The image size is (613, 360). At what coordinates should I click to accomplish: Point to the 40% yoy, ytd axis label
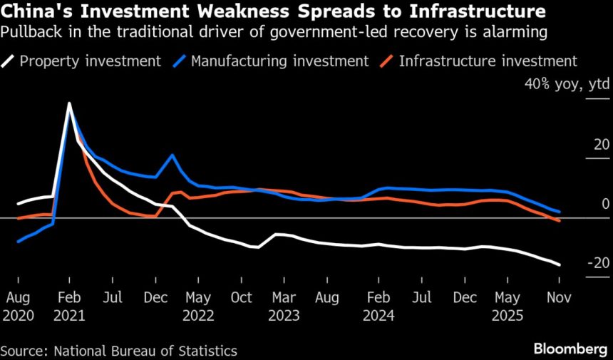[x=567, y=85]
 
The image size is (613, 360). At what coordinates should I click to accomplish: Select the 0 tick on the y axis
[x=605, y=204]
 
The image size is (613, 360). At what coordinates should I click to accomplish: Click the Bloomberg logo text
[x=570, y=349]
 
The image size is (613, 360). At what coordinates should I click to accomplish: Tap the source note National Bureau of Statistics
[x=118, y=350]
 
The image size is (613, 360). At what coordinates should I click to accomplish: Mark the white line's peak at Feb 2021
[x=69, y=103]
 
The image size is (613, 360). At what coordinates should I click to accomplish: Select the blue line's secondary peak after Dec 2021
[x=172, y=155]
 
